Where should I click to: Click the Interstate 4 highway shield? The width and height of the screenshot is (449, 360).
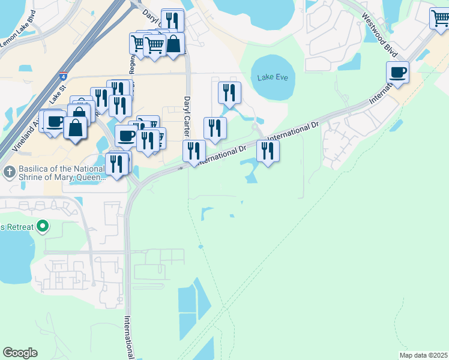click(x=62, y=77)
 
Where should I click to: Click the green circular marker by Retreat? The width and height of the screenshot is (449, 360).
click(x=42, y=227)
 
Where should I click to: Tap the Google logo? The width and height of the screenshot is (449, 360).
click(x=20, y=353)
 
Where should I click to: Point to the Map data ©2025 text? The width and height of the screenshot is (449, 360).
click(x=423, y=355)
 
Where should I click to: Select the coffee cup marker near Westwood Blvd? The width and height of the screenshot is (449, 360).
click(x=397, y=73)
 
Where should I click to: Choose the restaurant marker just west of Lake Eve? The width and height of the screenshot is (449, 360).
click(x=229, y=92)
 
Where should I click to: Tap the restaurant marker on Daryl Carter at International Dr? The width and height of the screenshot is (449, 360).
click(x=194, y=150)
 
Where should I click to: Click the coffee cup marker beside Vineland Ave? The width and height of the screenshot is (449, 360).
click(x=55, y=121)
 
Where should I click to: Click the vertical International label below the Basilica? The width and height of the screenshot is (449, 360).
click(x=128, y=337)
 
